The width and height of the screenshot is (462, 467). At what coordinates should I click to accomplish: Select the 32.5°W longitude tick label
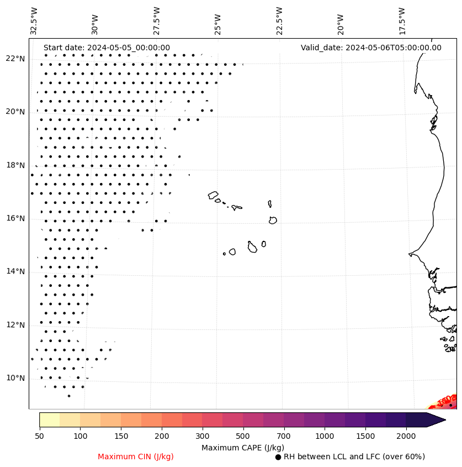click(34, 20)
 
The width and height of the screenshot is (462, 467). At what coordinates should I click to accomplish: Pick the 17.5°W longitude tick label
click(402, 20)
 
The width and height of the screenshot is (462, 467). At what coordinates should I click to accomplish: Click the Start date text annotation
click(107, 48)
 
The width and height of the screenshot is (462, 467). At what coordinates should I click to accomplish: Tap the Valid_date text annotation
click(371, 48)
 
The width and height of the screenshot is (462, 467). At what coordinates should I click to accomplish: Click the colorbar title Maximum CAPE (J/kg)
click(242, 447)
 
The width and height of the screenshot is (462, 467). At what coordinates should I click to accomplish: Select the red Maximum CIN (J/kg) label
click(136, 456)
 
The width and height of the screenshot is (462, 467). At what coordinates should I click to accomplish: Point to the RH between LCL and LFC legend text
click(354, 456)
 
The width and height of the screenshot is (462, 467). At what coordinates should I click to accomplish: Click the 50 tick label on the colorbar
click(39, 436)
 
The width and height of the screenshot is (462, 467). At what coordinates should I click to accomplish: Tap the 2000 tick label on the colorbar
click(406, 436)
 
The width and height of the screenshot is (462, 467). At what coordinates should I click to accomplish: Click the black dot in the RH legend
click(278, 457)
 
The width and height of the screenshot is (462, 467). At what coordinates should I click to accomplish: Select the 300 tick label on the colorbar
click(202, 436)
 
